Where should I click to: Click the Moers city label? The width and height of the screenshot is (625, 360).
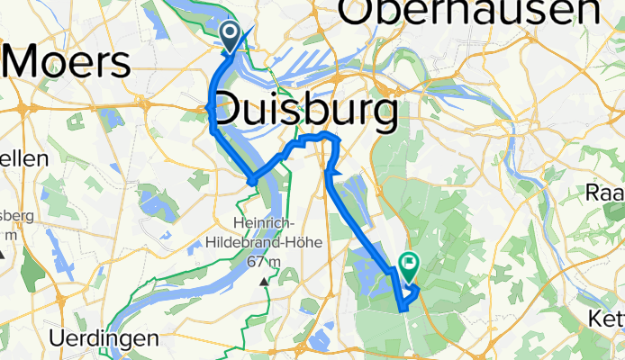(68, 62)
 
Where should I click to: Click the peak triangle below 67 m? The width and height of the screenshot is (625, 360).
(264, 282)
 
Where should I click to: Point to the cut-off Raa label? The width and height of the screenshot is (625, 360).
(605, 192)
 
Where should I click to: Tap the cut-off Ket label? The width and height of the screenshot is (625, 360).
(607, 318)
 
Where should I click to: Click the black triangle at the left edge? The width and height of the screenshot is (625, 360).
(4, 253)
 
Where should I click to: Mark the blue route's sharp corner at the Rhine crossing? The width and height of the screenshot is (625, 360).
(252, 180)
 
